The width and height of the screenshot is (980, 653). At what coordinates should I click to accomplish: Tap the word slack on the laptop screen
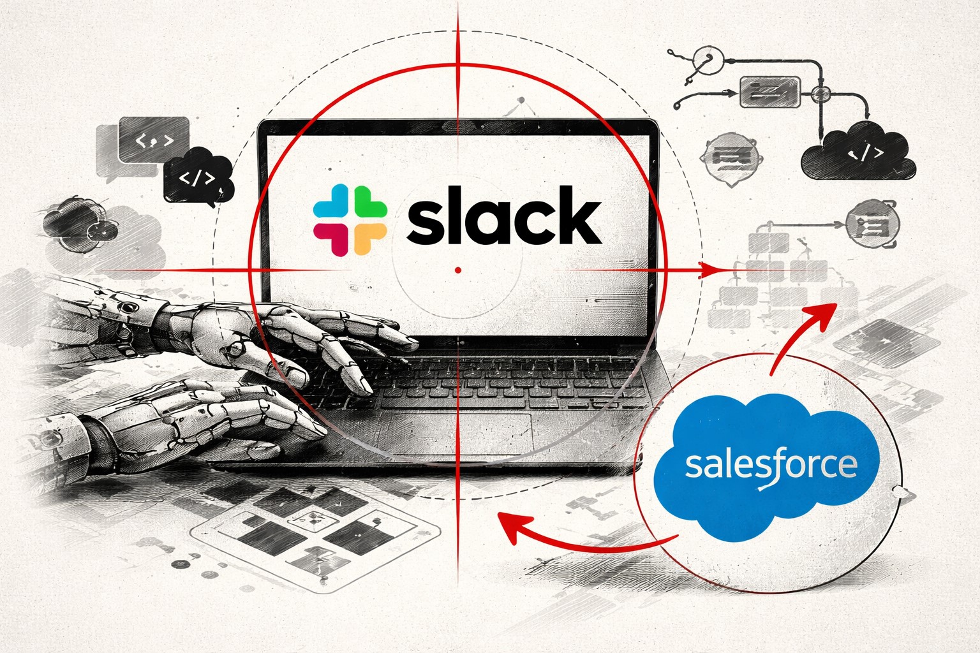pos(504,219)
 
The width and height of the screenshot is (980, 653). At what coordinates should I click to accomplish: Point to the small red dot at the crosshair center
pos(458,270)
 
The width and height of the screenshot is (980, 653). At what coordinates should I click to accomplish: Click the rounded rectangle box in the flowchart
pos(769,92)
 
